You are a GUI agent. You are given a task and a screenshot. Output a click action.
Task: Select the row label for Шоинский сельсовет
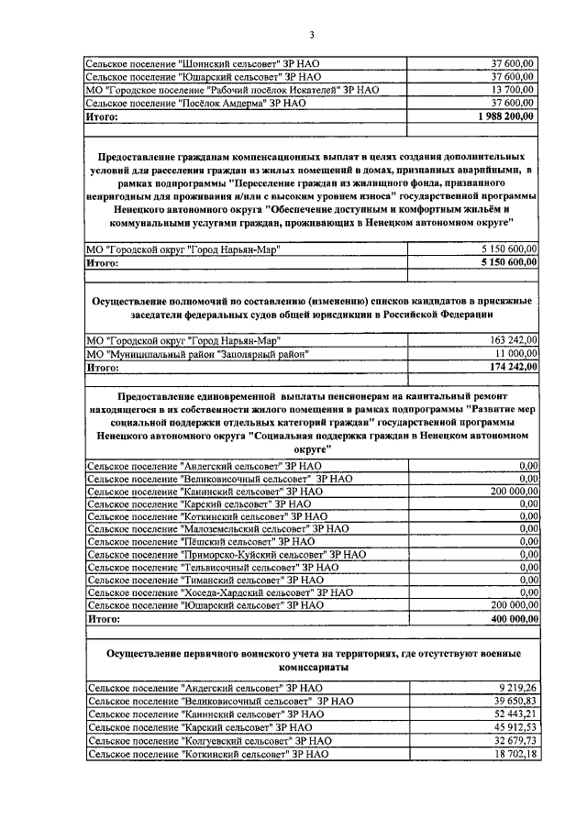[202, 63]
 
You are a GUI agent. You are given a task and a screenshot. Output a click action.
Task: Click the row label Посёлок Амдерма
[195, 105]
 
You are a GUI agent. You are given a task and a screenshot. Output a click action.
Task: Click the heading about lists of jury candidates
[311, 308]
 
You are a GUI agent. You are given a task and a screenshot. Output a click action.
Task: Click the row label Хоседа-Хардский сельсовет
[219, 592]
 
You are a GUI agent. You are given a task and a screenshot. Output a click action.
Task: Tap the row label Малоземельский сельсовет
[217, 528]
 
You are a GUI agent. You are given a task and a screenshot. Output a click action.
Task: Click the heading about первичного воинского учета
[311, 660]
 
